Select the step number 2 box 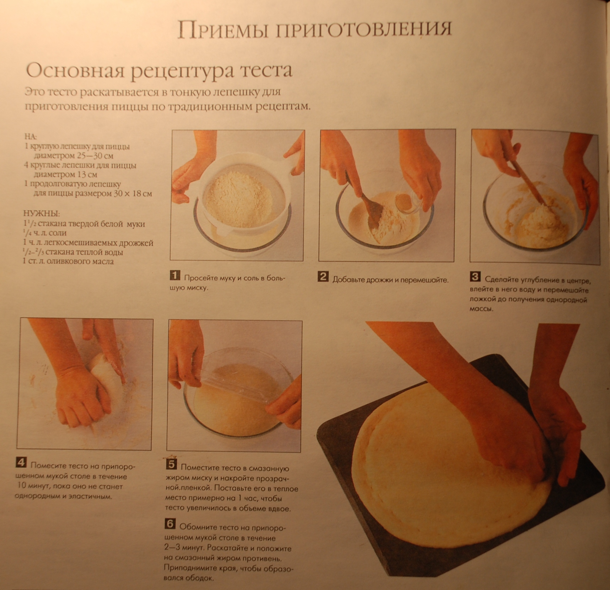(323, 276)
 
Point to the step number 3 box (475, 276)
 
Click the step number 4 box (21, 462)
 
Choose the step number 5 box (171, 464)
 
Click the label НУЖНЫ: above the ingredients (42, 214)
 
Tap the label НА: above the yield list (31, 137)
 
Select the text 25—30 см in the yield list (94, 156)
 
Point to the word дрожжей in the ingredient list (136, 243)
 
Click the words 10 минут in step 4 (35, 486)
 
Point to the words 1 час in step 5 (250, 498)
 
